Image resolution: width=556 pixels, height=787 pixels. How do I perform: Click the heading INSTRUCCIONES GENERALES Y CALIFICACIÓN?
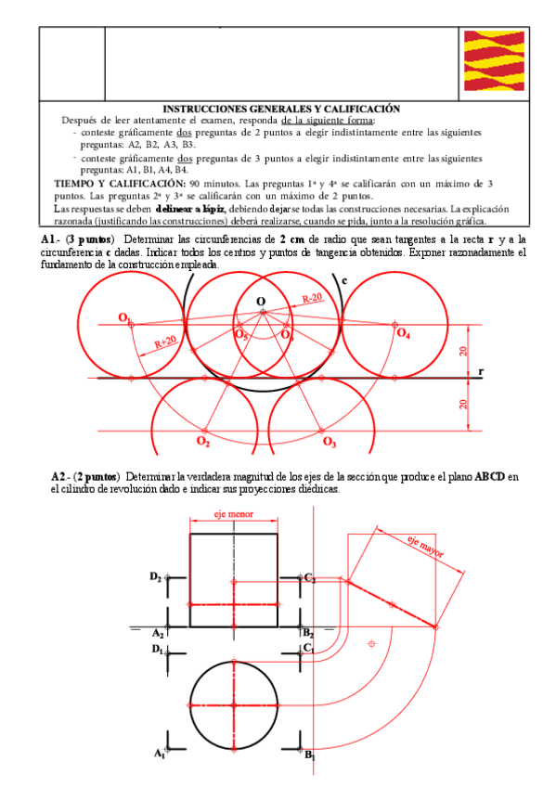click(x=281, y=109)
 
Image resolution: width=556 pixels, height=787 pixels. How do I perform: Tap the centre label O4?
click(x=403, y=333)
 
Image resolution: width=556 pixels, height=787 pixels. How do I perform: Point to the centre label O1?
click(x=123, y=318)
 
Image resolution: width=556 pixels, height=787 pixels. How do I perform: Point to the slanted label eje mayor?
click(x=425, y=548)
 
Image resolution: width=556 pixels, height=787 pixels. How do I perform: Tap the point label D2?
click(x=156, y=576)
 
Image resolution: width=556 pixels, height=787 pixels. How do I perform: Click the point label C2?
click(x=310, y=577)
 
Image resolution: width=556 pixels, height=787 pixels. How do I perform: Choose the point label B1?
click(x=310, y=755)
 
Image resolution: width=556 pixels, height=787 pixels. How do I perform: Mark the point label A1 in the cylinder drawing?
click(x=159, y=755)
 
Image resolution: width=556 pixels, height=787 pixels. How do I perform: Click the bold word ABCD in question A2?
click(x=489, y=477)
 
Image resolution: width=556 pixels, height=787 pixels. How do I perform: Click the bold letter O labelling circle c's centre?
click(x=261, y=301)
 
